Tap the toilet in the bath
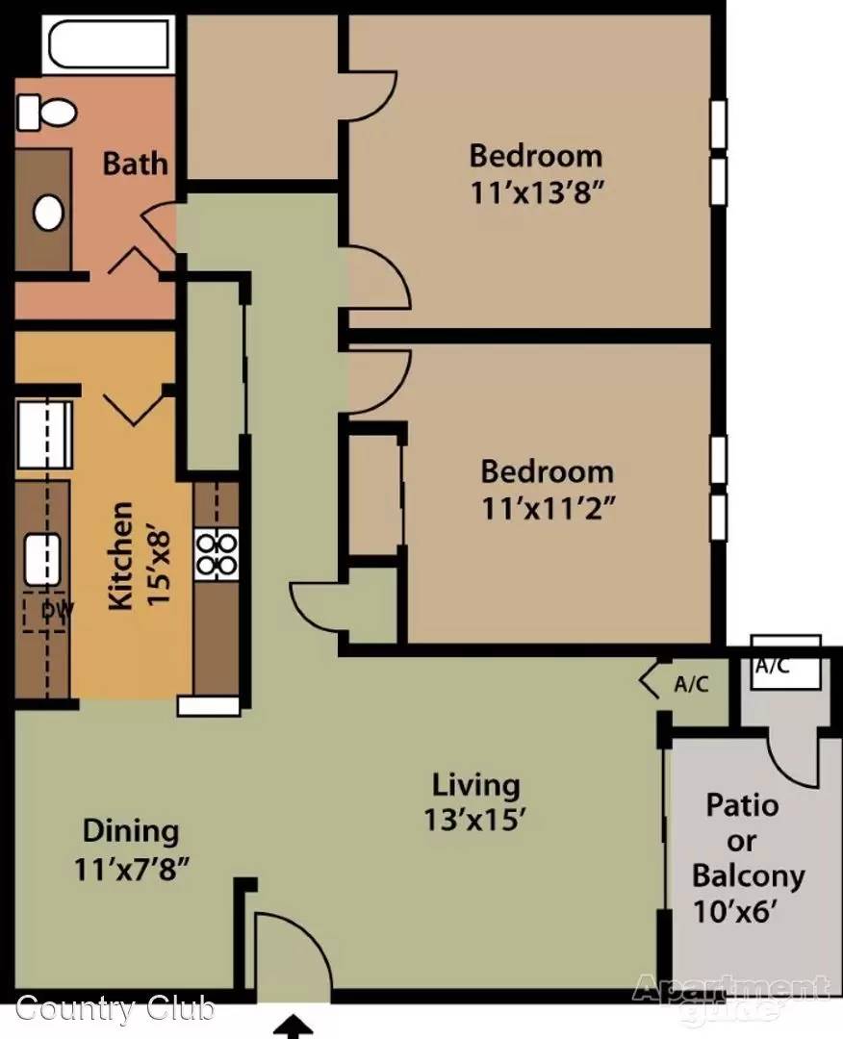click(46, 113)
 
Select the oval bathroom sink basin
click(48, 213)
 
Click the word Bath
click(135, 164)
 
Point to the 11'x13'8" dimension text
click(538, 192)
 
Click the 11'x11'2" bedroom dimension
click(549, 509)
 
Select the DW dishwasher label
click(57, 610)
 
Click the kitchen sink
click(42, 560)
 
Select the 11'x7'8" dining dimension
click(132, 869)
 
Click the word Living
click(475, 786)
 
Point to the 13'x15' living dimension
click(474, 820)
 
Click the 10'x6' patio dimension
click(734, 911)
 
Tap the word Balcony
click(749, 876)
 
